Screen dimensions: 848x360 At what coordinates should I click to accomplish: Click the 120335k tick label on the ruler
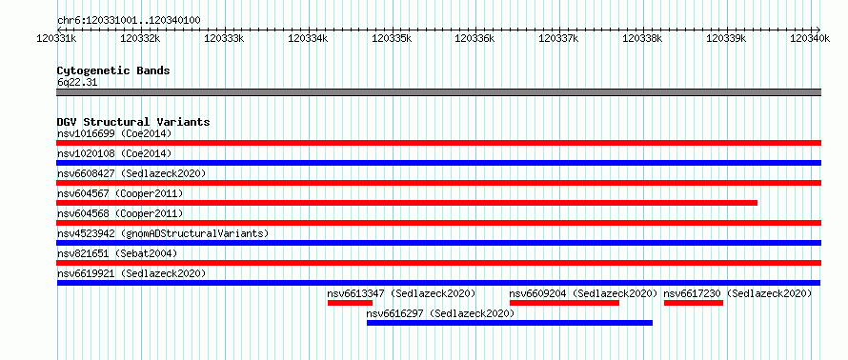(392, 38)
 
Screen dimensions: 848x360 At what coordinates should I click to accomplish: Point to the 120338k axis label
(642, 38)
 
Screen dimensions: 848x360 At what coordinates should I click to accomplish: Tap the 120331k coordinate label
(56, 38)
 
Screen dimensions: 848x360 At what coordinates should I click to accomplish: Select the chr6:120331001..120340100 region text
(129, 21)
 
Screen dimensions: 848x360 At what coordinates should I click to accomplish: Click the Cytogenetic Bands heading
(113, 70)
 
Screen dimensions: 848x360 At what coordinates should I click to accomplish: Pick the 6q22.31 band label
(77, 83)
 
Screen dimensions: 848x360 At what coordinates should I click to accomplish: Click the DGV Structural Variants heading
(133, 122)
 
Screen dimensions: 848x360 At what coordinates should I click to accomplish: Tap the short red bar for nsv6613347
(350, 303)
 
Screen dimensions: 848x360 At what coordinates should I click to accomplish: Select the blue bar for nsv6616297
(510, 323)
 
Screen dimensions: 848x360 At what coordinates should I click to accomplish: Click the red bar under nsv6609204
(565, 303)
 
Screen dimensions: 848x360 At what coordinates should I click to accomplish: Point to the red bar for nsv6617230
(694, 303)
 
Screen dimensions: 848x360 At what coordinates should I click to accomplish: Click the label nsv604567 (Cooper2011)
(120, 193)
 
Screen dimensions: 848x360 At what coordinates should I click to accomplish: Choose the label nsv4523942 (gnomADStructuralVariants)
(163, 233)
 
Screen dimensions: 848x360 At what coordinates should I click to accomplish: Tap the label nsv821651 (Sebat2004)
(117, 253)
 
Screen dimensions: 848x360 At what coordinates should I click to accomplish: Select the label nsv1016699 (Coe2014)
(114, 133)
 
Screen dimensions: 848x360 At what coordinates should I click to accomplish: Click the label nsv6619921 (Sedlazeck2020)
(131, 273)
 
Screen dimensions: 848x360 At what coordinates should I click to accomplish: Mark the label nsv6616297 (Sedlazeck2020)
(440, 313)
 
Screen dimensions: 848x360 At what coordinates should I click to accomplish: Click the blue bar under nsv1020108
(438, 163)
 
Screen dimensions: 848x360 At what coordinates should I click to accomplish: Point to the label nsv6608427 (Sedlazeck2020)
(131, 173)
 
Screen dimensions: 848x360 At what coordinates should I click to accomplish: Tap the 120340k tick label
(810, 38)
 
